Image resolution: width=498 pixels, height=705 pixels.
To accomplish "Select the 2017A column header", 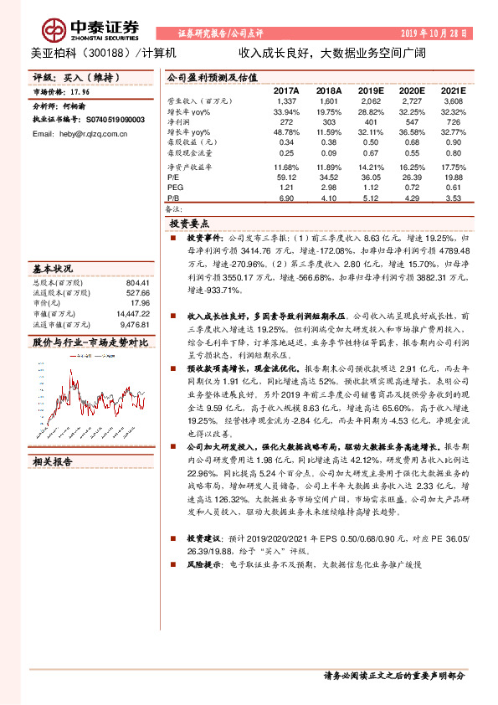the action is coord(286,89).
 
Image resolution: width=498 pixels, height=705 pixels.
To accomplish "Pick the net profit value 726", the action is coord(453,121).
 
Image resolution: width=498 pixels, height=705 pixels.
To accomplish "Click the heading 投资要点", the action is coord(189,224).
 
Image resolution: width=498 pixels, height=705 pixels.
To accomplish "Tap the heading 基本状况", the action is coord(53,270).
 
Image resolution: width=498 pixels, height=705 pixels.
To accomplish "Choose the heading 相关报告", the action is coord(53,461).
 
